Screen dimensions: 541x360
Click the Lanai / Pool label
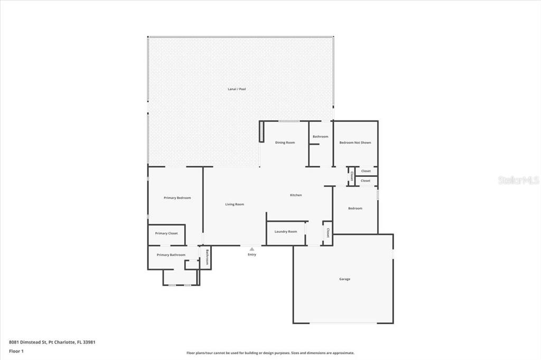[237, 89]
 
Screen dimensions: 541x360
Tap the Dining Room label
[285, 143]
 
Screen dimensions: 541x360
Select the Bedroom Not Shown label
[355, 143]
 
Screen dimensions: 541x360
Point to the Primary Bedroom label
[177, 198]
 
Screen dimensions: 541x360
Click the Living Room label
[235, 204]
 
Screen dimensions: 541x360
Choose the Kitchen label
[296, 195]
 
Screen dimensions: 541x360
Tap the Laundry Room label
[286, 231]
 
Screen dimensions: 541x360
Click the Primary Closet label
[166, 233]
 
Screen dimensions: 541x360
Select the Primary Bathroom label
[171, 255]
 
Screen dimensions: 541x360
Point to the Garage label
[344, 279]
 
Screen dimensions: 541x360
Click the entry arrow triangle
[252, 249]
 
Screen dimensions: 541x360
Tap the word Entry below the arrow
[252, 254]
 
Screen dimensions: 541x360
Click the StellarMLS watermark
[519, 180]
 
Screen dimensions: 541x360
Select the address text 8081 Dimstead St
[27, 342]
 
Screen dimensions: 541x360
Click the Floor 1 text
[16, 352]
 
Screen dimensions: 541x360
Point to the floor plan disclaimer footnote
[270, 353]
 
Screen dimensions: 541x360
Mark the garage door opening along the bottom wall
[343, 323]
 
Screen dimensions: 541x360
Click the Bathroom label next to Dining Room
[321, 137]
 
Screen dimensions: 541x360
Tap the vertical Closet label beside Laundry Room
[328, 233]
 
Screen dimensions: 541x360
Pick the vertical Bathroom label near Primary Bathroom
[207, 257]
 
